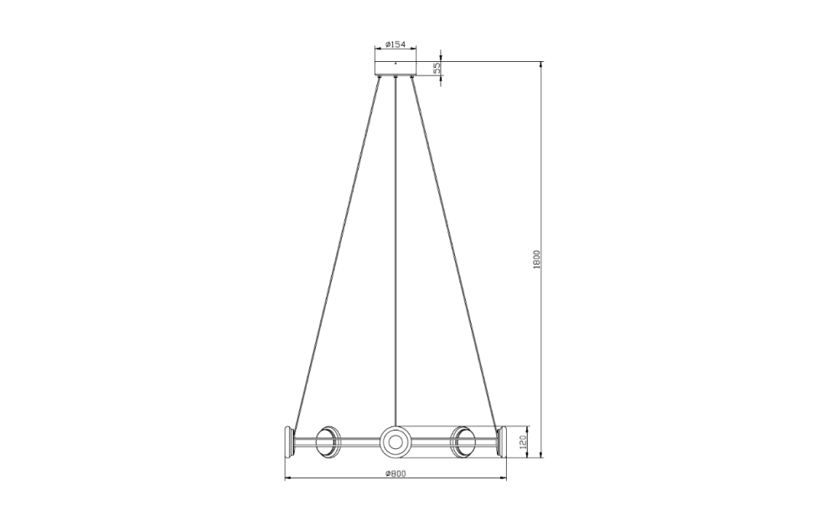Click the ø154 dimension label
[396, 44]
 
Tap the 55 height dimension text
[437, 69]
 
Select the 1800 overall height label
[536, 260]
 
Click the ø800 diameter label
[396, 473]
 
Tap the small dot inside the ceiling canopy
[396, 63]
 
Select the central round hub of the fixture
[396, 441]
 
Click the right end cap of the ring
[502, 441]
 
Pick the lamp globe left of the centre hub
[328, 441]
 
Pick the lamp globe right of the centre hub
[463, 441]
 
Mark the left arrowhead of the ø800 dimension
[288, 478]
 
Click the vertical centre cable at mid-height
[396, 251]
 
